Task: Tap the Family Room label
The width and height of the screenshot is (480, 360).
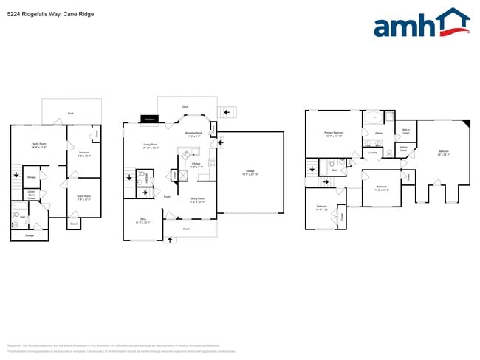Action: point(39,145)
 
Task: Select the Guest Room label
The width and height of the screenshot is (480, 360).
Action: point(83,197)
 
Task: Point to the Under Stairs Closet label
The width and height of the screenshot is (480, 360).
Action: point(32,195)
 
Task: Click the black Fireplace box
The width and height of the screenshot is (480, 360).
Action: point(149,118)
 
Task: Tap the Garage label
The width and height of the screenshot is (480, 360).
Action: point(250,172)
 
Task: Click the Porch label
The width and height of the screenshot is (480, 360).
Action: point(186,229)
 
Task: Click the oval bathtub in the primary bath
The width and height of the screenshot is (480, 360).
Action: point(374,118)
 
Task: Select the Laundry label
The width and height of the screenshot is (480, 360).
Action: point(372,153)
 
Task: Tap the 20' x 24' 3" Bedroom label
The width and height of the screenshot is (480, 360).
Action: point(442,153)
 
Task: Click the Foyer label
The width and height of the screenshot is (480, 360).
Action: point(168,196)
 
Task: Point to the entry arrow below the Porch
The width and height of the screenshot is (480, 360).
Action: point(171,239)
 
